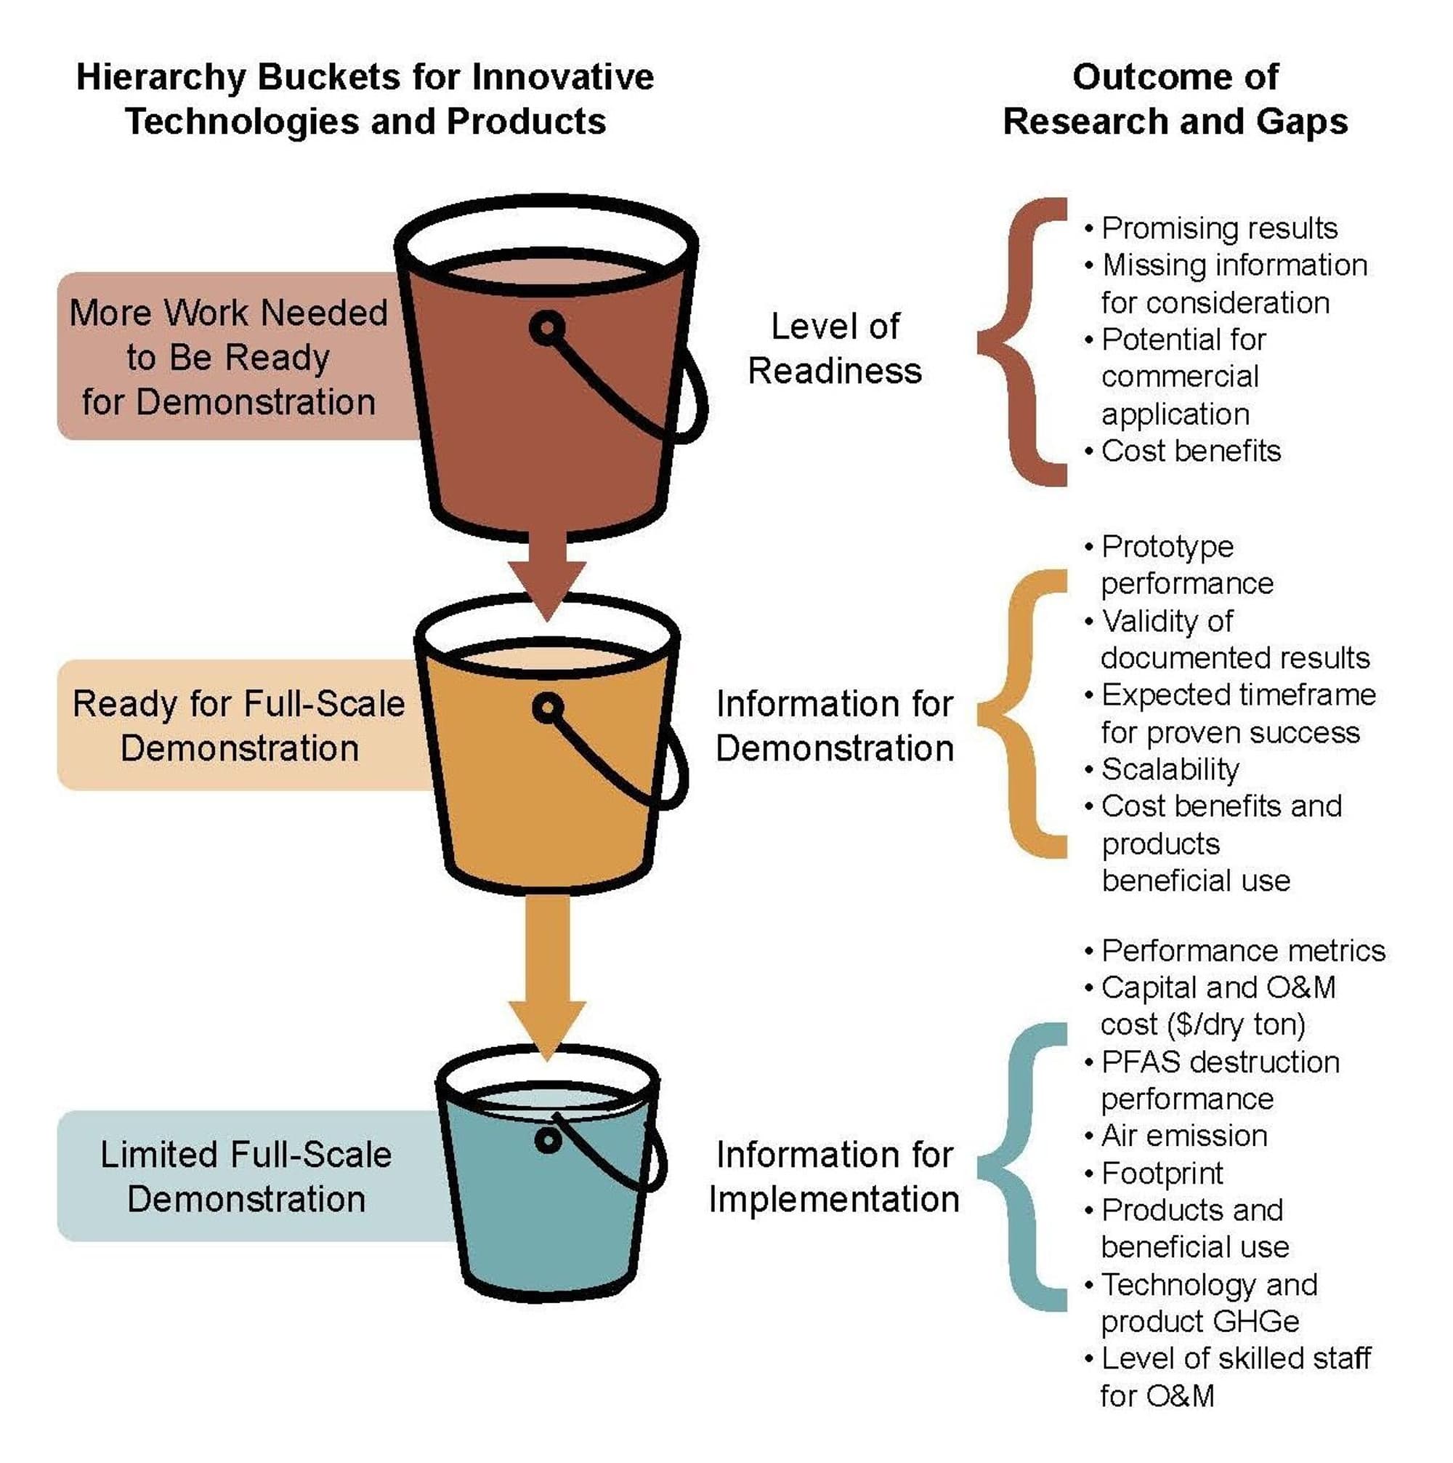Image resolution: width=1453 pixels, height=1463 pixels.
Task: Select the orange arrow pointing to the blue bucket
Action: tap(547, 977)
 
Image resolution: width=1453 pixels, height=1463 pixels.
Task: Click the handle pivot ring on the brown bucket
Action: tap(547, 329)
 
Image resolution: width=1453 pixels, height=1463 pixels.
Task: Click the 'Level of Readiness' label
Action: tap(835, 349)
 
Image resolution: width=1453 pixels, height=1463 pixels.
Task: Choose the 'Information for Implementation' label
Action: tap(834, 1177)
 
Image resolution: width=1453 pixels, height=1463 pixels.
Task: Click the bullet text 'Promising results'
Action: tap(1219, 228)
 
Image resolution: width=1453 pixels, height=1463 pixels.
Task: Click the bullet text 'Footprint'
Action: tap(1162, 1174)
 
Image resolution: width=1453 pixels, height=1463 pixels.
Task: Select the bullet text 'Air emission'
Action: tap(1184, 1136)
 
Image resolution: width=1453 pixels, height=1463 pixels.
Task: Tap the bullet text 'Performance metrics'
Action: tap(1243, 950)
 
